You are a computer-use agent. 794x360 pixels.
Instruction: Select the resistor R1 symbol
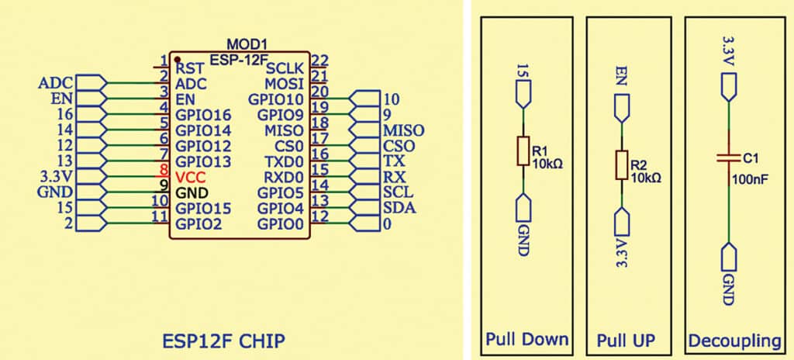(523, 153)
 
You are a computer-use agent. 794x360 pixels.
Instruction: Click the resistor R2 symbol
(620, 165)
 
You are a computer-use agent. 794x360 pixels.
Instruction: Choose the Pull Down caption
(526, 340)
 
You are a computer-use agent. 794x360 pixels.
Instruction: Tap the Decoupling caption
(734, 340)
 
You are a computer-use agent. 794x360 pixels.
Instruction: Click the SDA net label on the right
(399, 207)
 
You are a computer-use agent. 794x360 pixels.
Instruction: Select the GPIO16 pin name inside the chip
(203, 115)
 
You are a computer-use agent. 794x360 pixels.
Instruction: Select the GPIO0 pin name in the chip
(283, 223)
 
